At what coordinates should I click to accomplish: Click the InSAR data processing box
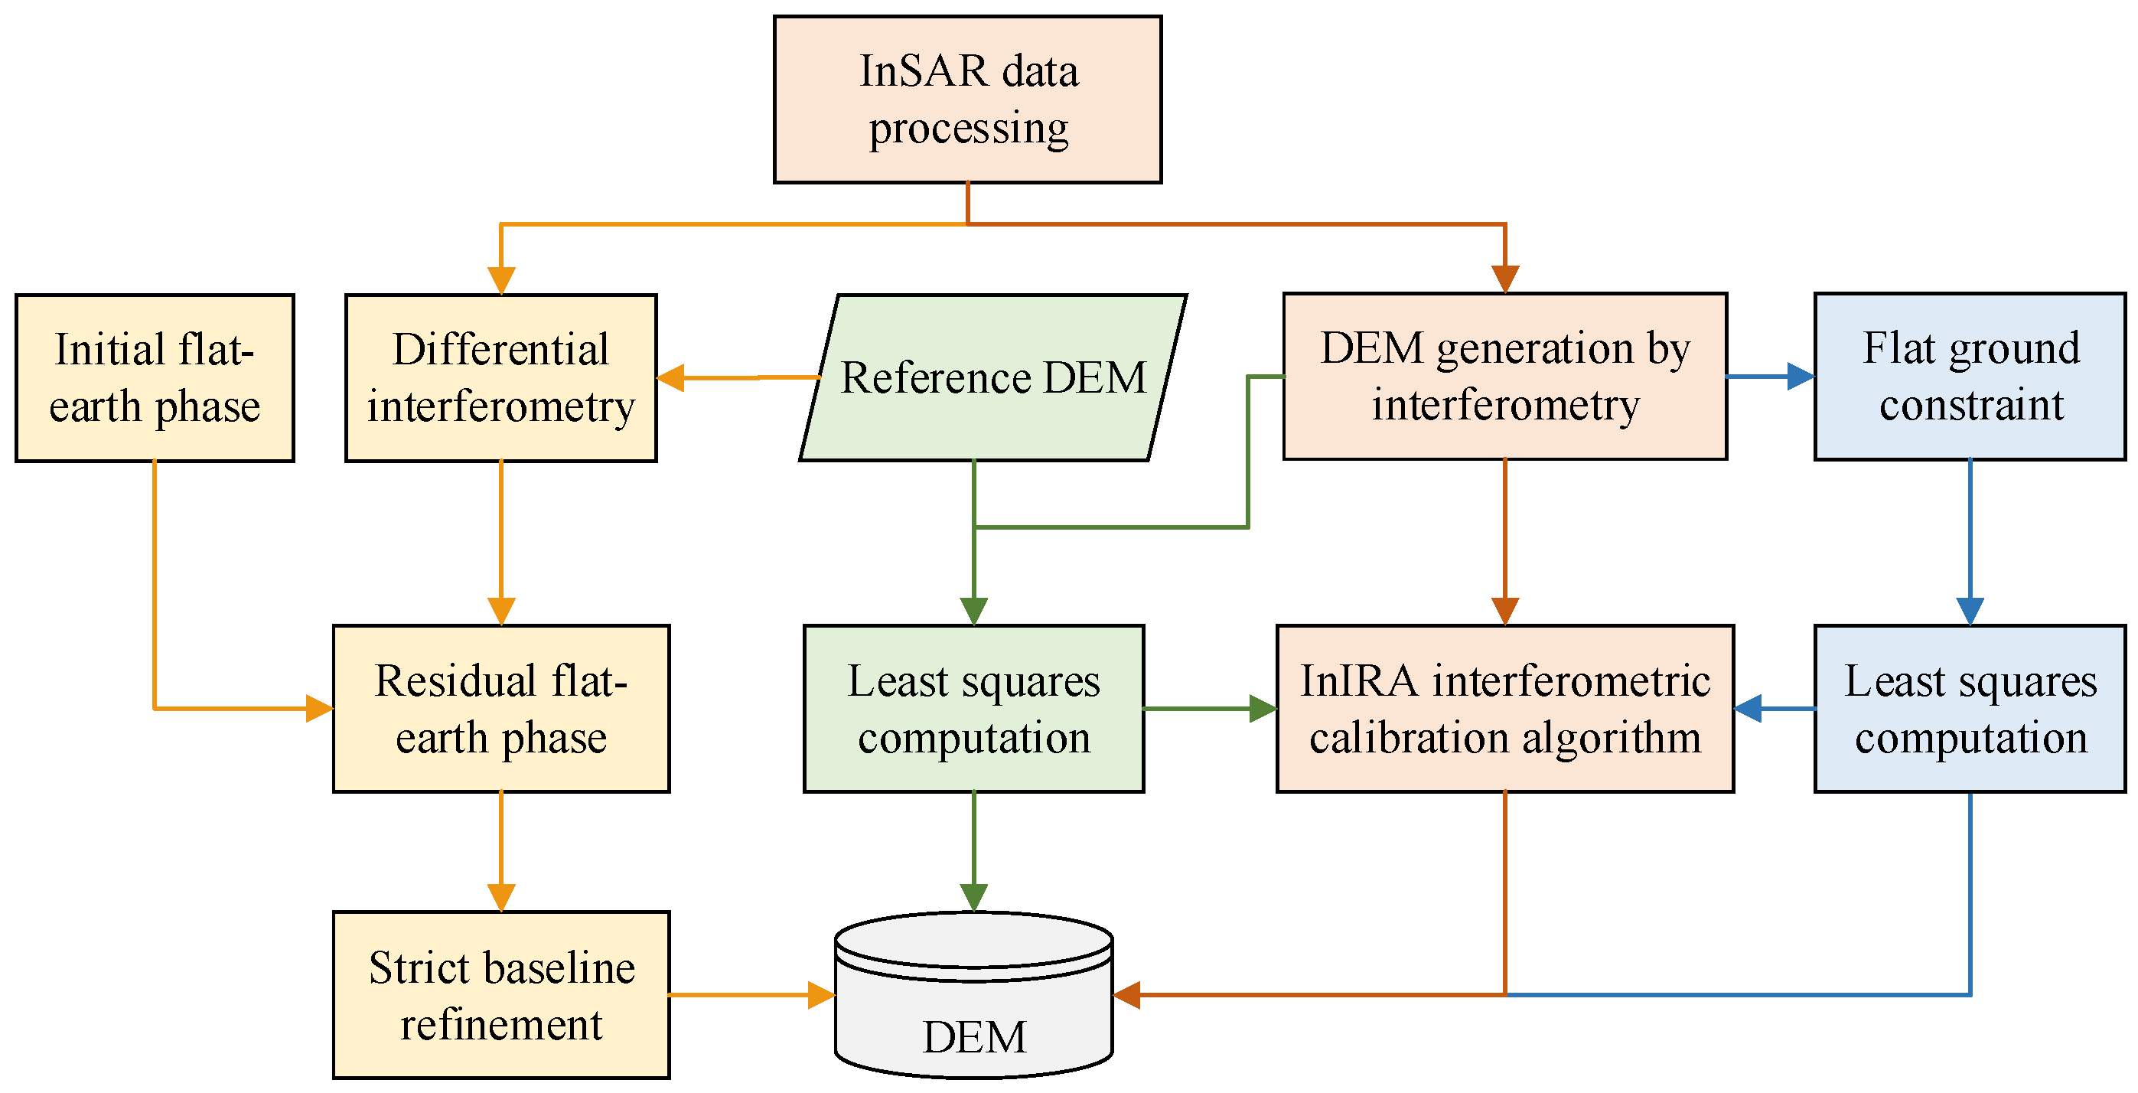[x=967, y=100]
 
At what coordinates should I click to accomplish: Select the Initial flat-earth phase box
[x=155, y=377]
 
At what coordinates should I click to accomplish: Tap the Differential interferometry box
[x=500, y=377]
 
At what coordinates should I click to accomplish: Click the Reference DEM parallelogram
[x=992, y=377]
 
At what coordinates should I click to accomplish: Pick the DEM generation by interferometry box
[x=1504, y=376]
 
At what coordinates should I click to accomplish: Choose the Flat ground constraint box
[x=1970, y=376]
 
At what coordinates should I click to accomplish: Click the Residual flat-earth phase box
[x=500, y=709]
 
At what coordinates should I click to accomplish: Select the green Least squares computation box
[x=973, y=709]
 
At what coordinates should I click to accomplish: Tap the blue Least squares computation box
[x=1970, y=709]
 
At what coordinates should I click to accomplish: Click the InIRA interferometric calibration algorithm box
[x=1504, y=709]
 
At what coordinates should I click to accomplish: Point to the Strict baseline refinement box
[x=500, y=994]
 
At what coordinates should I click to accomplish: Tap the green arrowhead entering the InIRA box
[x=1263, y=709]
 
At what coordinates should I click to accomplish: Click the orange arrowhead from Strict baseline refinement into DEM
[x=821, y=994]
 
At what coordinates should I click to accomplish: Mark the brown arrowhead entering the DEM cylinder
[x=1126, y=994]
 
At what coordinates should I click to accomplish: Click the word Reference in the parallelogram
[x=934, y=377]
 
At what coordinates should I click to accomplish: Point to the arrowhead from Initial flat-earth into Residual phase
[x=320, y=709]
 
